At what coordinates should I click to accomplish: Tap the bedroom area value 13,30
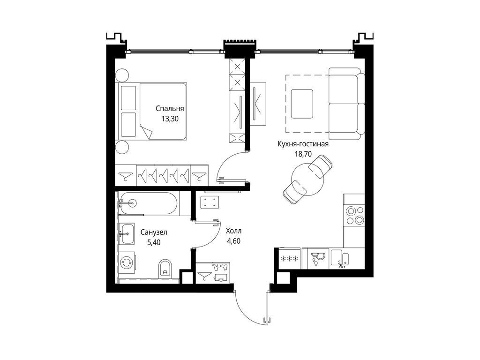[169, 119]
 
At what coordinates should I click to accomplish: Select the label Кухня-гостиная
[302, 144]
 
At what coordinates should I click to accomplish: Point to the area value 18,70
[302, 153]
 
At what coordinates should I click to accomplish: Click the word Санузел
[154, 232]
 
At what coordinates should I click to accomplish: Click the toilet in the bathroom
[165, 269]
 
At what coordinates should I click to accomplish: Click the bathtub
[147, 203]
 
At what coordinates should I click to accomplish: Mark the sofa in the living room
[346, 103]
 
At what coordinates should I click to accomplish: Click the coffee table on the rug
[302, 104]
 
